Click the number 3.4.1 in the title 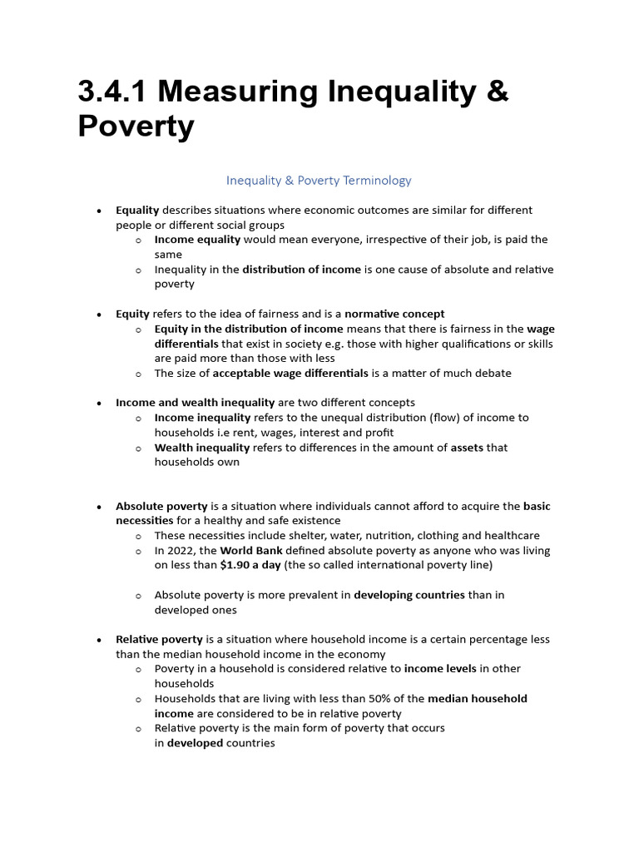click(116, 92)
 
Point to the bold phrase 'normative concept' click(394, 314)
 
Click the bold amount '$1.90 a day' click(250, 565)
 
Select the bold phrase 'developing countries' click(409, 595)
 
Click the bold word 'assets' click(467, 448)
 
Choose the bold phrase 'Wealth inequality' click(201, 448)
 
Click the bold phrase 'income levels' click(440, 668)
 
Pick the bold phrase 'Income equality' click(197, 240)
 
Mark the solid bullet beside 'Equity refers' click(98, 315)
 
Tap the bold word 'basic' click(537, 506)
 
